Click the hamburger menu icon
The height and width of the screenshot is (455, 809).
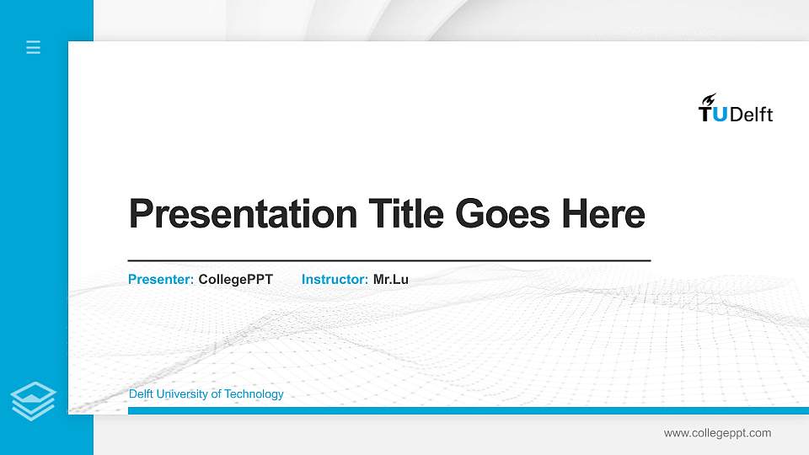(34, 47)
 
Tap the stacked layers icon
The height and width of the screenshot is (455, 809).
(34, 401)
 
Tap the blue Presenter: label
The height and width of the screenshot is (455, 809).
(161, 279)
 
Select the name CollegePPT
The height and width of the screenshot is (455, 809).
(235, 279)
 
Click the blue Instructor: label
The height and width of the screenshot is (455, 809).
(335, 279)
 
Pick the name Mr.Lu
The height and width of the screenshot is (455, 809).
(390, 279)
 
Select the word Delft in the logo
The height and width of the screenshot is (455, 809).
(751, 115)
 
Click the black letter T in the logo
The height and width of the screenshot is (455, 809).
(705, 115)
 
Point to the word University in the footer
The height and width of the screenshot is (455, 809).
(186, 394)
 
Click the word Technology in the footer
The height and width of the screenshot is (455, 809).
(256, 394)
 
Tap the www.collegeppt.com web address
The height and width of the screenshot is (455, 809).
(717, 433)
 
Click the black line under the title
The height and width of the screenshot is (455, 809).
(388, 261)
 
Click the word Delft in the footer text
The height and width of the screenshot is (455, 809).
(142, 394)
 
